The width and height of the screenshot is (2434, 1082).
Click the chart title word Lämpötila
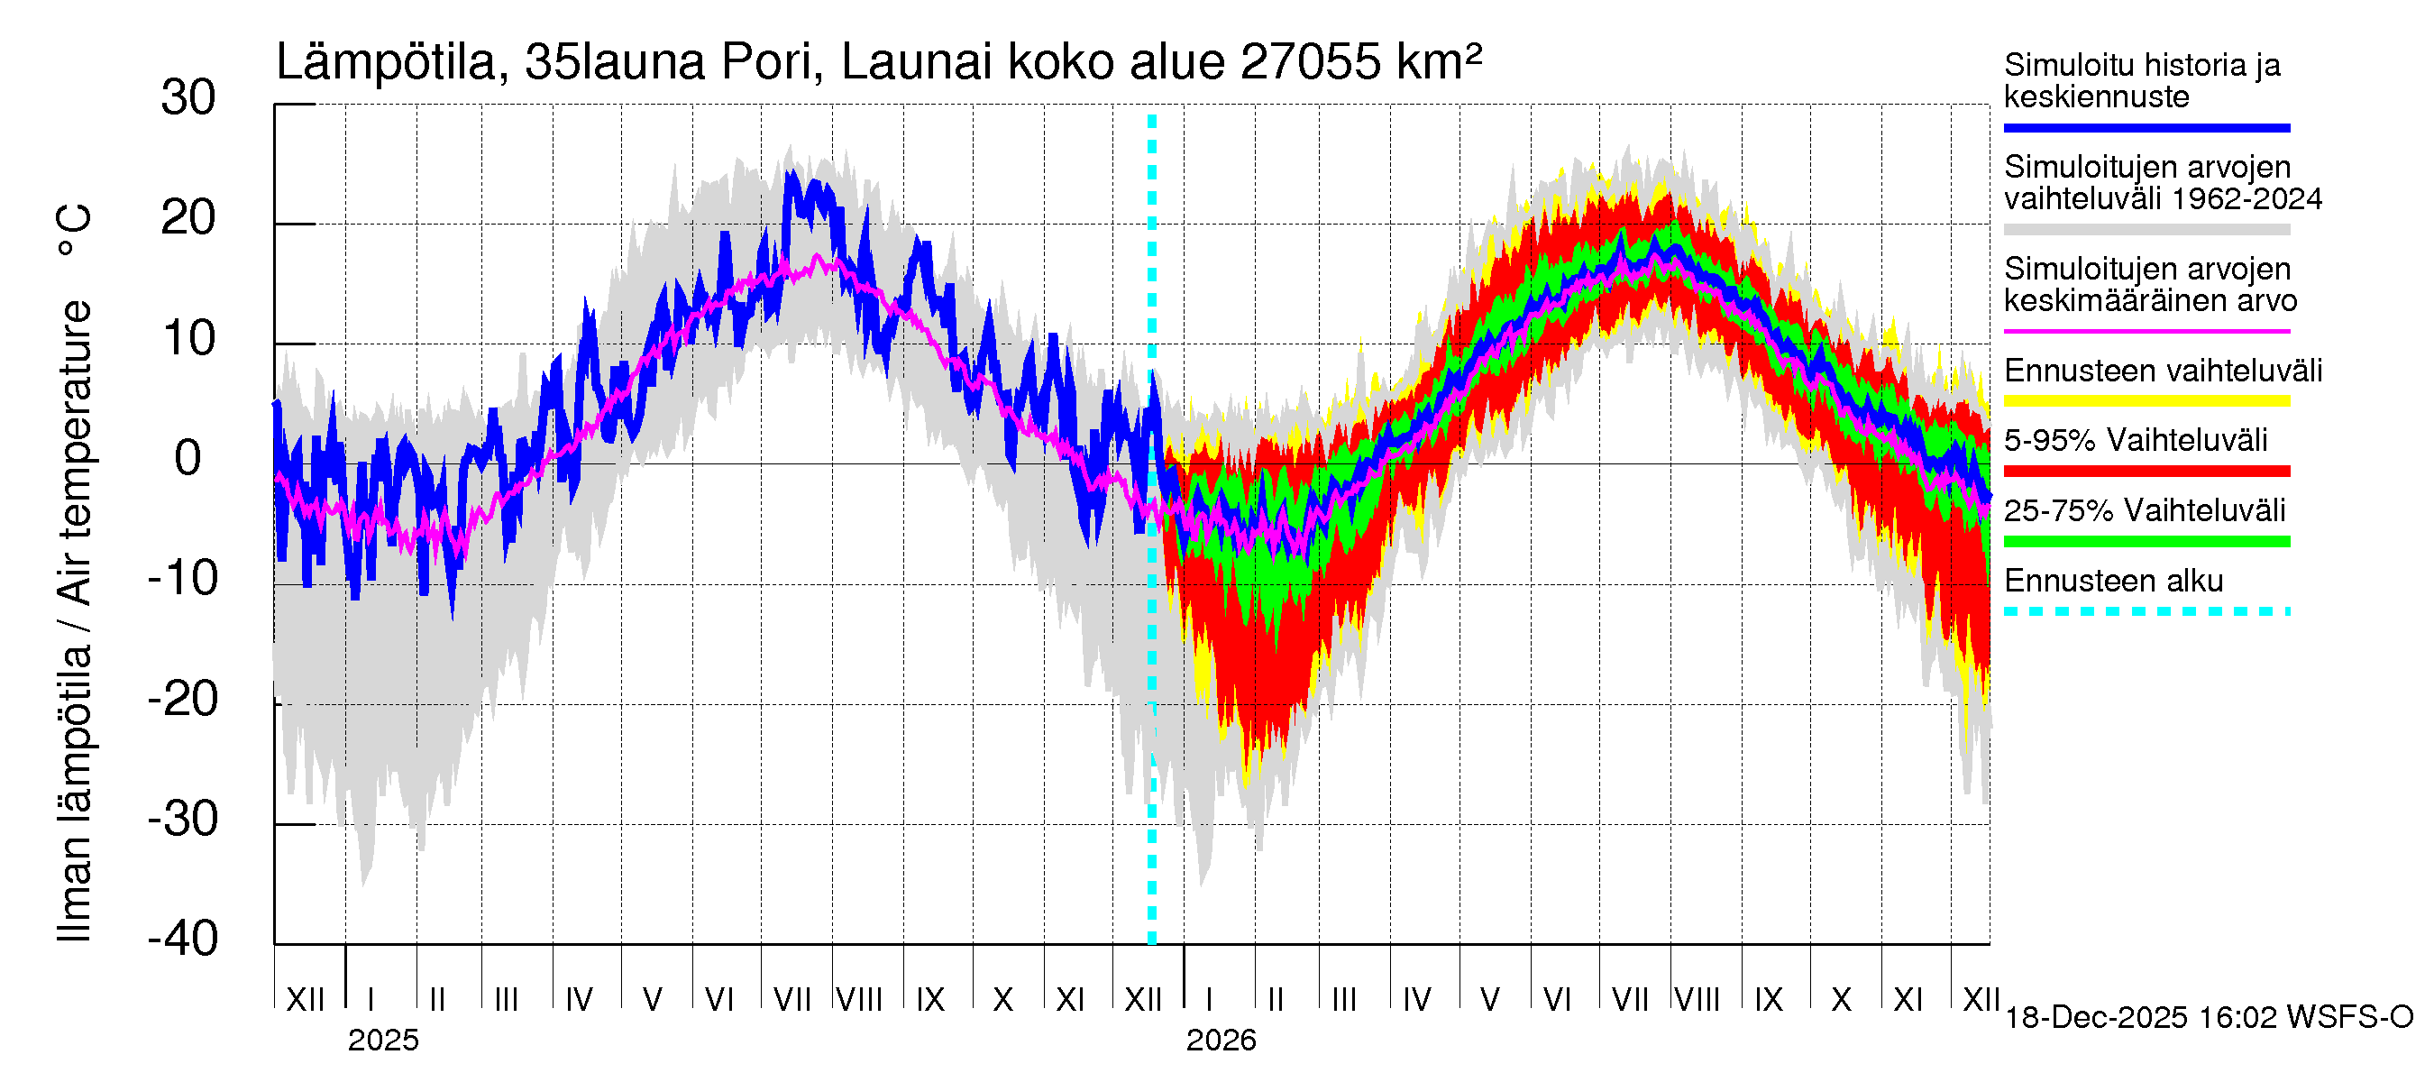[x=386, y=63]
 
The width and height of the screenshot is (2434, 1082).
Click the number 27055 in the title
[x=1311, y=63]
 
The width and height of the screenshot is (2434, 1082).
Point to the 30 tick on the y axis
[x=188, y=98]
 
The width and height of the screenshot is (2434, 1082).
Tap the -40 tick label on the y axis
[x=183, y=940]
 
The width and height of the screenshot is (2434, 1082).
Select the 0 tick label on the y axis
[x=188, y=459]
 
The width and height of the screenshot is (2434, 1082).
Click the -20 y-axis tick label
[x=183, y=700]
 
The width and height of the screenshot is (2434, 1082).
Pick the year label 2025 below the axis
[x=382, y=1041]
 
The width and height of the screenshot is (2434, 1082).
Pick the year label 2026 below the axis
[x=1221, y=1041]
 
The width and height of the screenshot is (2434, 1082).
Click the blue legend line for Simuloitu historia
[x=2146, y=127]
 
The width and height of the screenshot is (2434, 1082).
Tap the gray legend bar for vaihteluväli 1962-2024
[x=2146, y=230]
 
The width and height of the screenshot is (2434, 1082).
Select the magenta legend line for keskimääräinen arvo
[x=2146, y=332]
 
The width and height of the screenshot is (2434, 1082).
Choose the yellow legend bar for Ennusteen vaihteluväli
[x=2146, y=400]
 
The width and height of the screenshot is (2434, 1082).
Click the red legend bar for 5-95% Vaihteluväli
[x=2146, y=471]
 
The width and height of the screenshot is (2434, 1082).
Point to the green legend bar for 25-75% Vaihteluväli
[x=2146, y=542]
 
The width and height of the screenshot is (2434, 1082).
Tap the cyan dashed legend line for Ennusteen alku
[x=2146, y=611]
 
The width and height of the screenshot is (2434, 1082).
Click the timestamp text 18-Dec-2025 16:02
[x=2142, y=1018]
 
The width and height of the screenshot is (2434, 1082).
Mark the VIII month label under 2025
[x=859, y=999]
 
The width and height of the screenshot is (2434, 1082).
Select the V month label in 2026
[x=1490, y=999]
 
